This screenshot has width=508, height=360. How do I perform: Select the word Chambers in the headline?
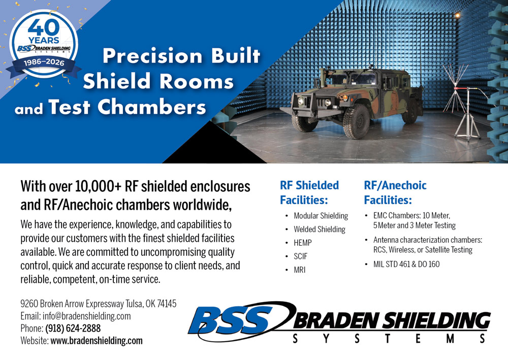[152, 107]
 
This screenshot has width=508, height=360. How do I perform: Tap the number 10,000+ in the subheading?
[99, 186]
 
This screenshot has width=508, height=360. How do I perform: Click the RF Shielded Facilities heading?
[309, 192]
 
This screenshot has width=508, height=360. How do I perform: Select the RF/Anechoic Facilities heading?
[395, 192]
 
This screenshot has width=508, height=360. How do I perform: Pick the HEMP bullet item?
[303, 243]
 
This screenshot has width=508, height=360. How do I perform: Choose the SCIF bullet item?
[300, 256]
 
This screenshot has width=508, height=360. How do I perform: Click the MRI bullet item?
[300, 270]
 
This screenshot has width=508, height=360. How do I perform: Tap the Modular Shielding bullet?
[321, 216]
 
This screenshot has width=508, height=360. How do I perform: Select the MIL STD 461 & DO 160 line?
[406, 264]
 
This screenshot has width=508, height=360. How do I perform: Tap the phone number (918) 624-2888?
[73, 328]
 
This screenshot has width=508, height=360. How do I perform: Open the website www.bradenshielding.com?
[97, 341]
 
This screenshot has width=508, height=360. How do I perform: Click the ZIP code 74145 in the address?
[165, 304]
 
